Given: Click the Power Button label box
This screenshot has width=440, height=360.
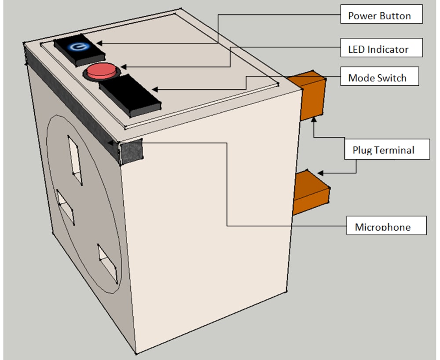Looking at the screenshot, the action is (381, 14).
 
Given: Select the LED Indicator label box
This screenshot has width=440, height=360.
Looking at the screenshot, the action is (381, 48).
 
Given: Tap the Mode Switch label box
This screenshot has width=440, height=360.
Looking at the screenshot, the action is (379, 76).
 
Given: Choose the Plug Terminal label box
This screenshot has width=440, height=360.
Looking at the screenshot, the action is (387, 149).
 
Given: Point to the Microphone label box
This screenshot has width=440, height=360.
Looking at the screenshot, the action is (386, 225).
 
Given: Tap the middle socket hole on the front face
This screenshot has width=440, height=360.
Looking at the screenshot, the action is (65, 206).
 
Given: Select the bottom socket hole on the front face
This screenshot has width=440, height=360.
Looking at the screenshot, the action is (107, 263).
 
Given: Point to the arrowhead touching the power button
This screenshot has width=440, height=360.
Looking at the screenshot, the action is (99, 43).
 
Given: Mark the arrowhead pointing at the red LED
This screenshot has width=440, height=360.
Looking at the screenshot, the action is (124, 67).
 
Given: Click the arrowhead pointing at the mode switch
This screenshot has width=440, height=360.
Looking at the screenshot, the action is (155, 89).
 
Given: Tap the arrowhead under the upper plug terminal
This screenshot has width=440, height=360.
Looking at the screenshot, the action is (314, 120).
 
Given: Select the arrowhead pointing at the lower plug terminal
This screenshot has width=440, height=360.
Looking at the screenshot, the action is (320, 173).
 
